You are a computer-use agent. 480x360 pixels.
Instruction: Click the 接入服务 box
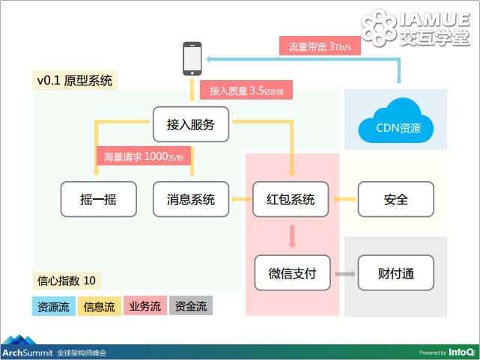pyautogui.click(x=191, y=124)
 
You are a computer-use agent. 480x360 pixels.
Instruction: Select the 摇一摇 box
pyautogui.click(x=99, y=199)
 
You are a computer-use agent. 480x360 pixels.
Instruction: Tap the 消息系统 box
pyautogui.click(x=191, y=199)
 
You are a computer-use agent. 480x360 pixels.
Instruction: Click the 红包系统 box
pyautogui.click(x=291, y=199)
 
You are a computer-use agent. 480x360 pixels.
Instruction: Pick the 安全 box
pyautogui.click(x=396, y=199)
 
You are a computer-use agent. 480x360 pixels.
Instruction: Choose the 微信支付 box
pyautogui.click(x=292, y=273)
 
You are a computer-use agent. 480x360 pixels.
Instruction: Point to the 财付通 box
pyautogui.click(x=396, y=273)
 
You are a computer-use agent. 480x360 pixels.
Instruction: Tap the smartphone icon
pyautogui.click(x=192, y=58)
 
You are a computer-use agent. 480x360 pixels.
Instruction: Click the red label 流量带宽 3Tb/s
pyautogui.click(x=320, y=46)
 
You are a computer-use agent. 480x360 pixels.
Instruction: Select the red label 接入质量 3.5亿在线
pyautogui.click(x=246, y=90)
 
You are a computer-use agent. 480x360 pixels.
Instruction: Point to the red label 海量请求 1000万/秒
pyautogui.click(x=144, y=156)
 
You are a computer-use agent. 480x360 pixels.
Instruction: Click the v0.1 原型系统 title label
pyautogui.click(x=75, y=80)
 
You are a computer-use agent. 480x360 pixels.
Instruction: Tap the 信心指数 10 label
pyautogui.click(x=67, y=281)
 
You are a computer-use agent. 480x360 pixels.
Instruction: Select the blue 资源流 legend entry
pyautogui.click(x=54, y=306)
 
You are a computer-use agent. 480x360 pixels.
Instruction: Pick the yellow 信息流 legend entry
pyautogui.click(x=100, y=306)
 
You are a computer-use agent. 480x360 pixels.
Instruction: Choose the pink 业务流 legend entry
pyautogui.click(x=145, y=305)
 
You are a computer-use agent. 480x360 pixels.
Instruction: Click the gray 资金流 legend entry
pyautogui.click(x=191, y=305)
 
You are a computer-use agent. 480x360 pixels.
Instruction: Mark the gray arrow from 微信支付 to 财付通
pyautogui.click(x=345, y=274)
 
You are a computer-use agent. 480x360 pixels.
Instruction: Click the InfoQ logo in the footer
pyautogui.click(x=462, y=353)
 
